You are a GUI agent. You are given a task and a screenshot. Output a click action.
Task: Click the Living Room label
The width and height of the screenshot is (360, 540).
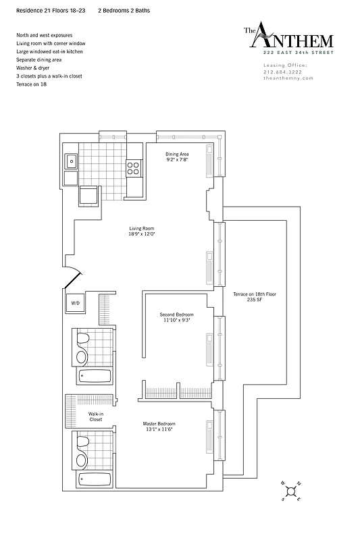point(142,232)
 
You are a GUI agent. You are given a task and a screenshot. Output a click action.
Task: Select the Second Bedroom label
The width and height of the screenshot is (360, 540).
point(176,318)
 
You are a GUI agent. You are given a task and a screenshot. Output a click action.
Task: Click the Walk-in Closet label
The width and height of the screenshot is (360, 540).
point(95,416)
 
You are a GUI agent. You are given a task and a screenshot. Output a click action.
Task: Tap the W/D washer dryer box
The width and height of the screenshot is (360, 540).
point(74,304)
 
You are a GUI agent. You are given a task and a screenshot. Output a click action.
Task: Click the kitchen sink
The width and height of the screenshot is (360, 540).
point(71,161)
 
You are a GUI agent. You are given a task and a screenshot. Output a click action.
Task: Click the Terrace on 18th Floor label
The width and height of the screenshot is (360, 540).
point(255,298)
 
